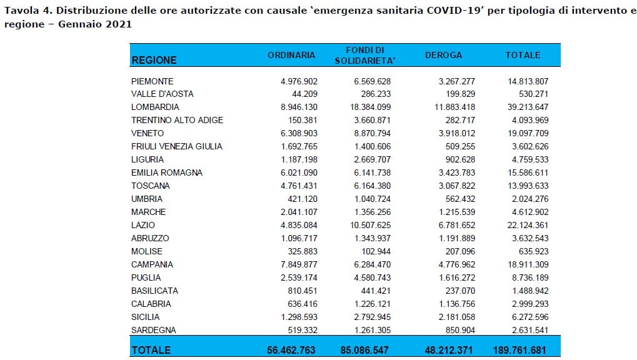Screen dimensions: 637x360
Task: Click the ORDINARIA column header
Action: tap(291, 55)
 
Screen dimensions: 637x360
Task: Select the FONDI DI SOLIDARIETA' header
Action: tap(365, 55)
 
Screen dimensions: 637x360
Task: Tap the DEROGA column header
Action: tap(444, 55)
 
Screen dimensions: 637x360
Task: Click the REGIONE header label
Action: tap(154, 60)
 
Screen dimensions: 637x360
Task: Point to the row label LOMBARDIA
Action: tap(155, 107)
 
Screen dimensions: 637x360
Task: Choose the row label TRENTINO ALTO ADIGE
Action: tap(177, 120)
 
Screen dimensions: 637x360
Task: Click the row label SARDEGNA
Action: tap(154, 330)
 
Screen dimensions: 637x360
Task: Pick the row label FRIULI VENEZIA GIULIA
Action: tap(177, 146)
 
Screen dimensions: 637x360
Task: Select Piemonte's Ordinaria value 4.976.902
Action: tap(299, 81)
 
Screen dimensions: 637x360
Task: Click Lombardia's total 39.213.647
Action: tap(528, 107)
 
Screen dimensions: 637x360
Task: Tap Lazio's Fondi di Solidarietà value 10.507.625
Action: tap(371, 225)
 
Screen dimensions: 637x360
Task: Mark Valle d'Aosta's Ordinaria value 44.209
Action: tap(304, 94)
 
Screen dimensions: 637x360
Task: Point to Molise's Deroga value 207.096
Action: tap(460, 251)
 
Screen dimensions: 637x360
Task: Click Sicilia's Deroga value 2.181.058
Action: tap(456, 317)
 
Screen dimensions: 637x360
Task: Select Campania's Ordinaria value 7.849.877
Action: tap(299, 264)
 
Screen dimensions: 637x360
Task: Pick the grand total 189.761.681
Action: tap(519, 350)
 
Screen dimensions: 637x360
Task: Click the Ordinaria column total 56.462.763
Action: tap(291, 350)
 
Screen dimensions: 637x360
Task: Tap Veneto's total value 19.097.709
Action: tap(528, 133)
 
